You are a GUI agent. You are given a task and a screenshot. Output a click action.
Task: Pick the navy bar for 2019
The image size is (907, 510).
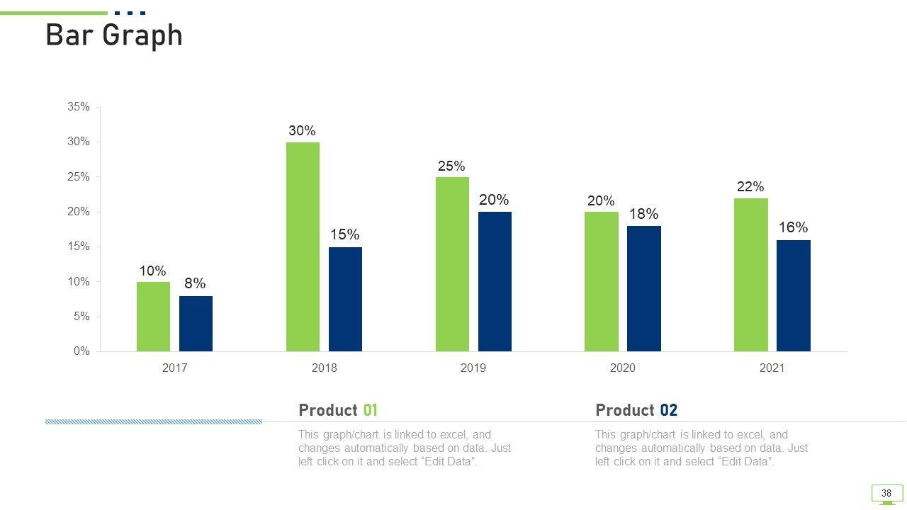click(x=495, y=281)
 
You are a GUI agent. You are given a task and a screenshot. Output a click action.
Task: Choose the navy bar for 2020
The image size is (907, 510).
click(x=643, y=288)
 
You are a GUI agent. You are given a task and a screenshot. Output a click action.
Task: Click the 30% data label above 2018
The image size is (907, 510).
click(x=302, y=131)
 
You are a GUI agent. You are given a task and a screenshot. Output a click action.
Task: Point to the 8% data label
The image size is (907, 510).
click(x=195, y=284)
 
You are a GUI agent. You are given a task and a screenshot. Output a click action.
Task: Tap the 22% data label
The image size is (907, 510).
click(x=750, y=187)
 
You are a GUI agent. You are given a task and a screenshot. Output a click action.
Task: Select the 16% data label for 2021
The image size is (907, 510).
click(x=793, y=227)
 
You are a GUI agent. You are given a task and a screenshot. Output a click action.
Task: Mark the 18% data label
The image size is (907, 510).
click(x=643, y=214)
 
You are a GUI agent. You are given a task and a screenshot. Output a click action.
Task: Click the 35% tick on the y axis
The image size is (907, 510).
click(x=79, y=107)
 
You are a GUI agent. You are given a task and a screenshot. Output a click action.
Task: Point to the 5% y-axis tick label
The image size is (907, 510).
click(x=81, y=317)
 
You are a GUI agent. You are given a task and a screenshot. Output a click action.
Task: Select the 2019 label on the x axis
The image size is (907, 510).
click(x=473, y=368)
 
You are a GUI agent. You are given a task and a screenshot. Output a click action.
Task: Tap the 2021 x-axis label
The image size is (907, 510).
click(x=772, y=368)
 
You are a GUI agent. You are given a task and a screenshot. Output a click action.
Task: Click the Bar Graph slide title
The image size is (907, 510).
click(x=114, y=35)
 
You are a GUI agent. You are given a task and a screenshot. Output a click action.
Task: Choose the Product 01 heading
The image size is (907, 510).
click(x=338, y=410)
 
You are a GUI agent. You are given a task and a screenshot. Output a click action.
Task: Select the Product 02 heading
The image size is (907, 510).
click(x=636, y=410)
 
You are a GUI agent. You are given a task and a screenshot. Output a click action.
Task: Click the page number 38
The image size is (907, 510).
click(x=886, y=493)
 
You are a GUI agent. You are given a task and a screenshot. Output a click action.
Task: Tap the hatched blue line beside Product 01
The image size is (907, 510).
click(x=154, y=421)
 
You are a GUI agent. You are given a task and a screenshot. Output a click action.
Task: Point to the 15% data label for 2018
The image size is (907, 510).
click(x=344, y=234)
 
